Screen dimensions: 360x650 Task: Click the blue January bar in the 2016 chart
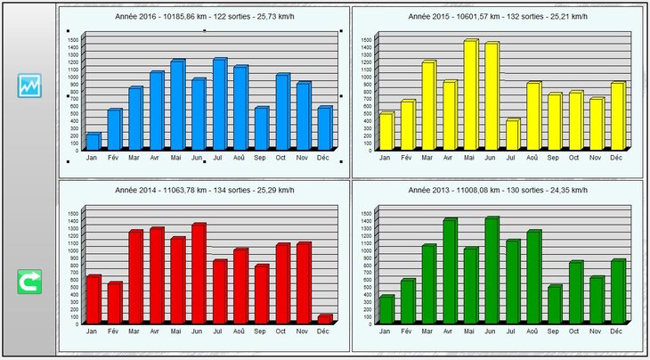tap(93, 141)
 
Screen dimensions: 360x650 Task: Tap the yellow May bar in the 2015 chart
tap(470, 94)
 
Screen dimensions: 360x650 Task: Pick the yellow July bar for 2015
tap(512, 135)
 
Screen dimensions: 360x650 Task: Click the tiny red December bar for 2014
tap(324, 318)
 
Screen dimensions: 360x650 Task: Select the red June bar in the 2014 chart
tap(198, 273)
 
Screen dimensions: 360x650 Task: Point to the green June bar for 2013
tap(492, 270)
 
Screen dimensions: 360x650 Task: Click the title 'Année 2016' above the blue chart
tap(204, 17)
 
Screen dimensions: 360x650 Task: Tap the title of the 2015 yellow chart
tap(498, 17)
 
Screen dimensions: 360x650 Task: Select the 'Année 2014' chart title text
tap(204, 190)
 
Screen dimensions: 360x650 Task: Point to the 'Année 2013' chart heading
tap(498, 190)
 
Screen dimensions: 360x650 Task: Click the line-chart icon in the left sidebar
tap(29, 86)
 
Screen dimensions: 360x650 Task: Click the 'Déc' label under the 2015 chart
tap(615, 157)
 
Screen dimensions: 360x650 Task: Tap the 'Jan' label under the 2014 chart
tap(92, 331)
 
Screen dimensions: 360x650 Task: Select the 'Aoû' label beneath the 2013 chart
tap(532, 331)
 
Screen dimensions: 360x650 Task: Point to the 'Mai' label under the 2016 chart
tap(176, 158)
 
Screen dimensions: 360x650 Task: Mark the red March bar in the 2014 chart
tap(135, 276)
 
